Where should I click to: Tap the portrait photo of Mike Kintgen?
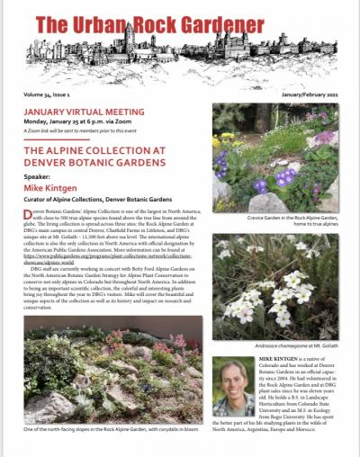coord(233,386)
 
